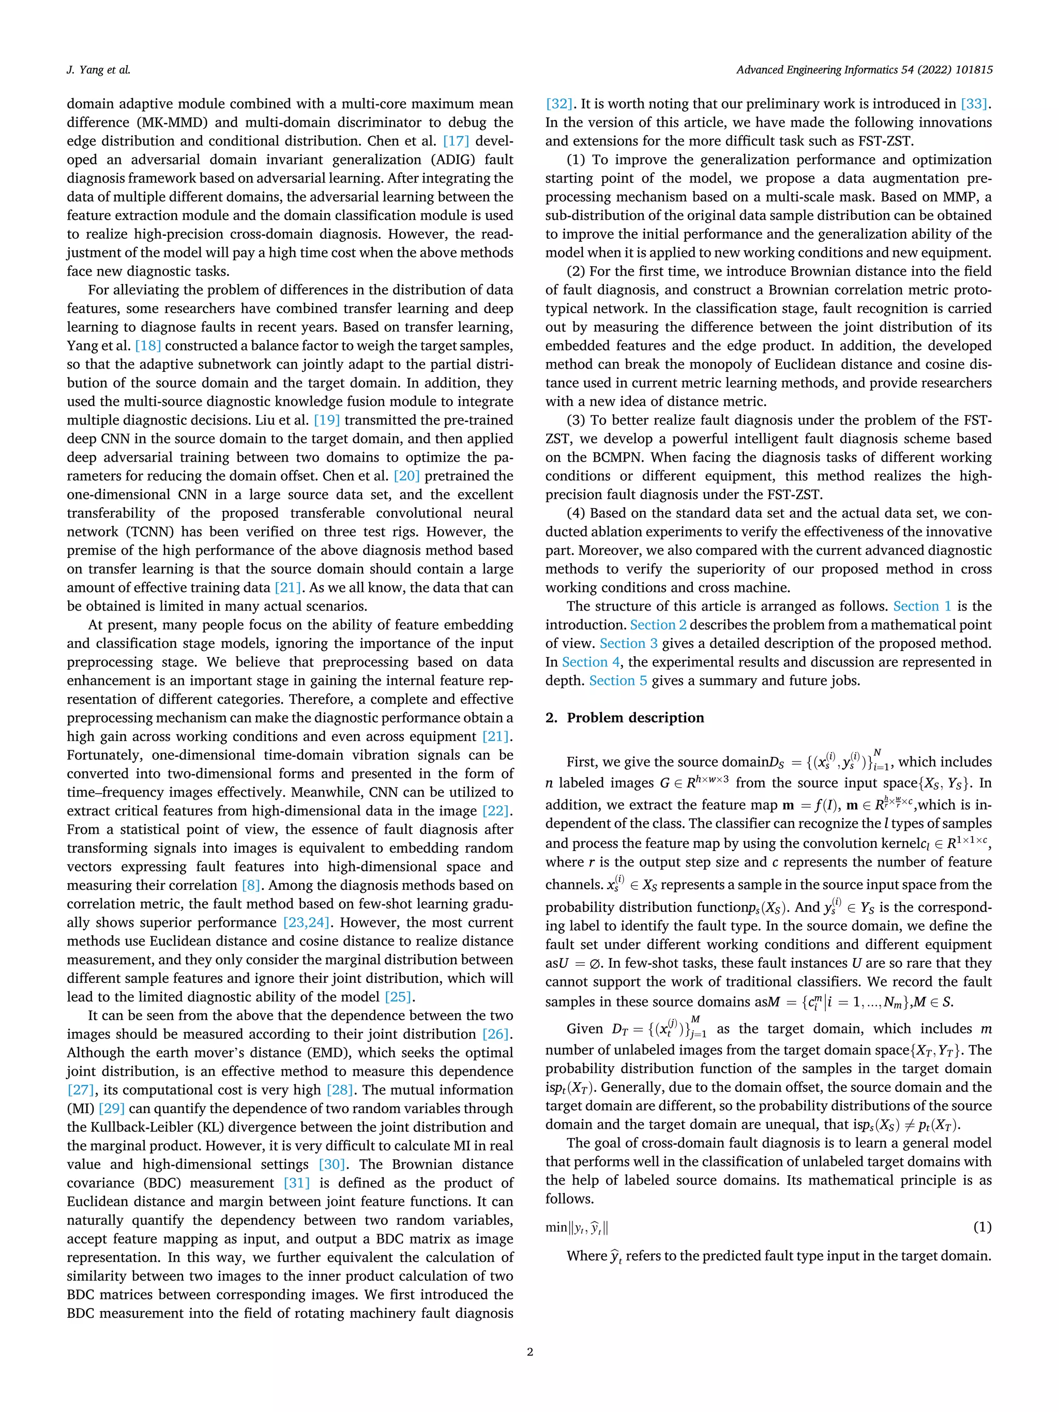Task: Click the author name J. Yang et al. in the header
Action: pyautogui.click(x=98, y=70)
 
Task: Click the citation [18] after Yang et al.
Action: pyautogui.click(x=148, y=346)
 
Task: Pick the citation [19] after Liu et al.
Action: pyautogui.click(x=327, y=420)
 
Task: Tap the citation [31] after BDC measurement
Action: pyautogui.click(x=296, y=1183)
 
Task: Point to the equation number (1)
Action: pyautogui.click(x=982, y=1227)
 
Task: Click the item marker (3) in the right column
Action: pyautogui.click(x=576, y=420)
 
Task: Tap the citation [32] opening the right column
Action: pyautogui.click(x=558, y=104)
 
